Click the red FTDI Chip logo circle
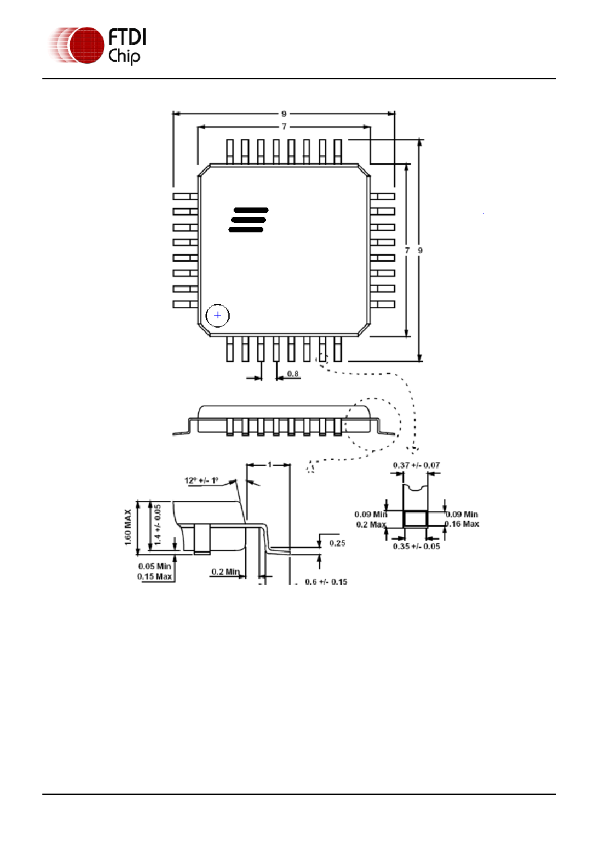click(86, 45)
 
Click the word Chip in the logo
click(124, 56)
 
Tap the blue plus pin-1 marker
click(218, 315)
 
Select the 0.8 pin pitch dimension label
click(293, 374)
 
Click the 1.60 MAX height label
click(128, 527)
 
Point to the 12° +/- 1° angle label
click(201, 481)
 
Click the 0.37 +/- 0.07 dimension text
click(416, 465)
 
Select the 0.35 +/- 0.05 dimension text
click(416, 547)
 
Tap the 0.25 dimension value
click(337, 543)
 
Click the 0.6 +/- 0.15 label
click(326, 581)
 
